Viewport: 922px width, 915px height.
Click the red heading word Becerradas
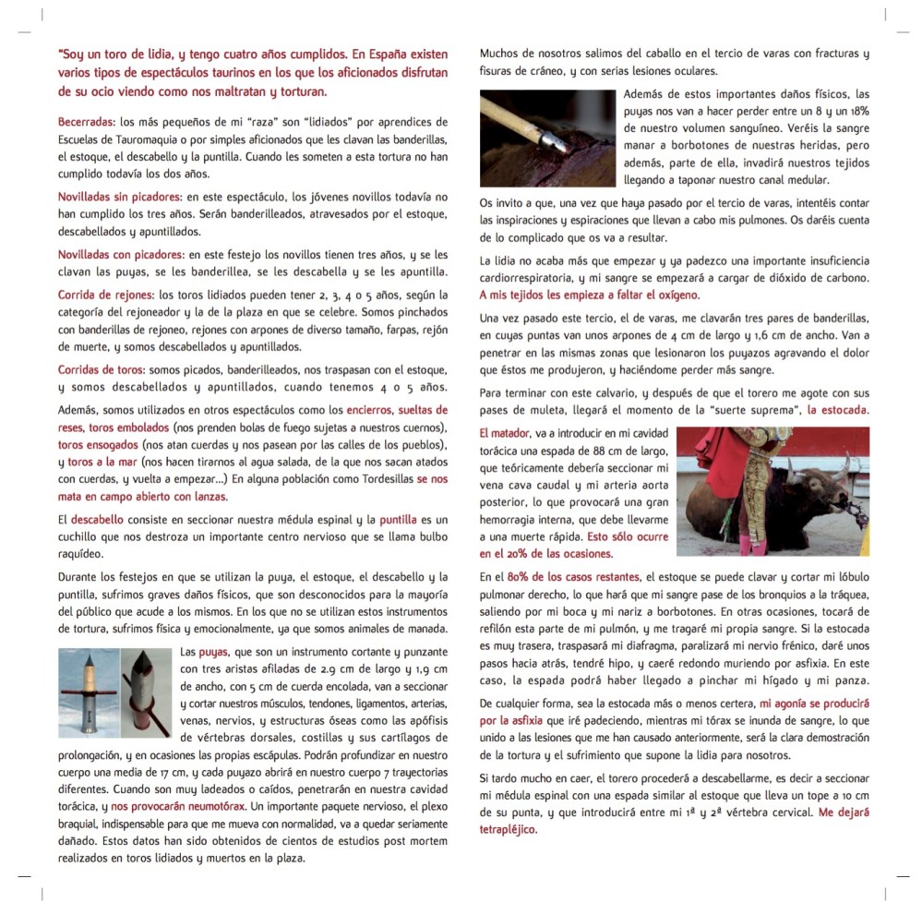[x=85, y=122]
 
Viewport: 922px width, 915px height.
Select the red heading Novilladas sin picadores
[x=119, y=198]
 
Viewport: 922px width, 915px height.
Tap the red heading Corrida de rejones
[x=106, y=295]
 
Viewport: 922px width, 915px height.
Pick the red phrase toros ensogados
[x=99, y=445]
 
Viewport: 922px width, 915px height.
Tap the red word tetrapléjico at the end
[x=508, y=829]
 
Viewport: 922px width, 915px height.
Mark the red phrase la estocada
[x=837, y=410]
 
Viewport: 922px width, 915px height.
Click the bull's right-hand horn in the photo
[x=842, y=461]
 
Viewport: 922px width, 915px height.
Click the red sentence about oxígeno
[x=589, y=295]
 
